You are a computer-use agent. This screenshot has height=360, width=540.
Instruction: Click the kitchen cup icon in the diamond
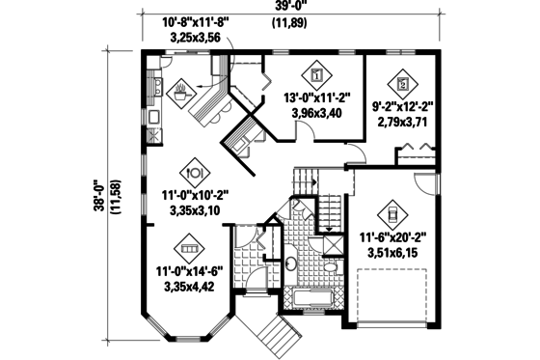[x=180, y=94]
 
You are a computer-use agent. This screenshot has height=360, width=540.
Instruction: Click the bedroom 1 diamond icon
[x=317, y=72]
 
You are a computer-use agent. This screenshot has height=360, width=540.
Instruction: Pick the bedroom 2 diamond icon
[x=404, y=81]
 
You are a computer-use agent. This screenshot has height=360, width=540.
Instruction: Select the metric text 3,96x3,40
[x=317, y=113]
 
